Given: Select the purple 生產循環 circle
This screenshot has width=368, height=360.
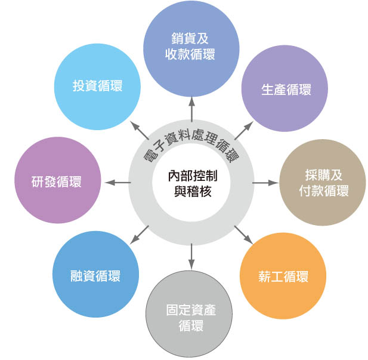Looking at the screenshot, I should (x=285, y=90).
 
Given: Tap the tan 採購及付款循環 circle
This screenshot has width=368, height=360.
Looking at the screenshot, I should (x=323, y=183).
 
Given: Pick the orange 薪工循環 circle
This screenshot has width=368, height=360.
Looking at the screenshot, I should (x=283, y=276).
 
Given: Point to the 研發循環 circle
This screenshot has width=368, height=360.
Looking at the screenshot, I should (x=57, y=181).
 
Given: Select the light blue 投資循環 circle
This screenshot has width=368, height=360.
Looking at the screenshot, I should (x=97, y=87).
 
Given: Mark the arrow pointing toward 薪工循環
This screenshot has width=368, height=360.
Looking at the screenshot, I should (x=243, y=233).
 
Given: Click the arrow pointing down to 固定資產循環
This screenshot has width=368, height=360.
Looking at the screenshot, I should (x=191, y=254).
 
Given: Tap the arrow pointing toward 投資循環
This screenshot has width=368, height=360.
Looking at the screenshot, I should (x=139, y=131).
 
